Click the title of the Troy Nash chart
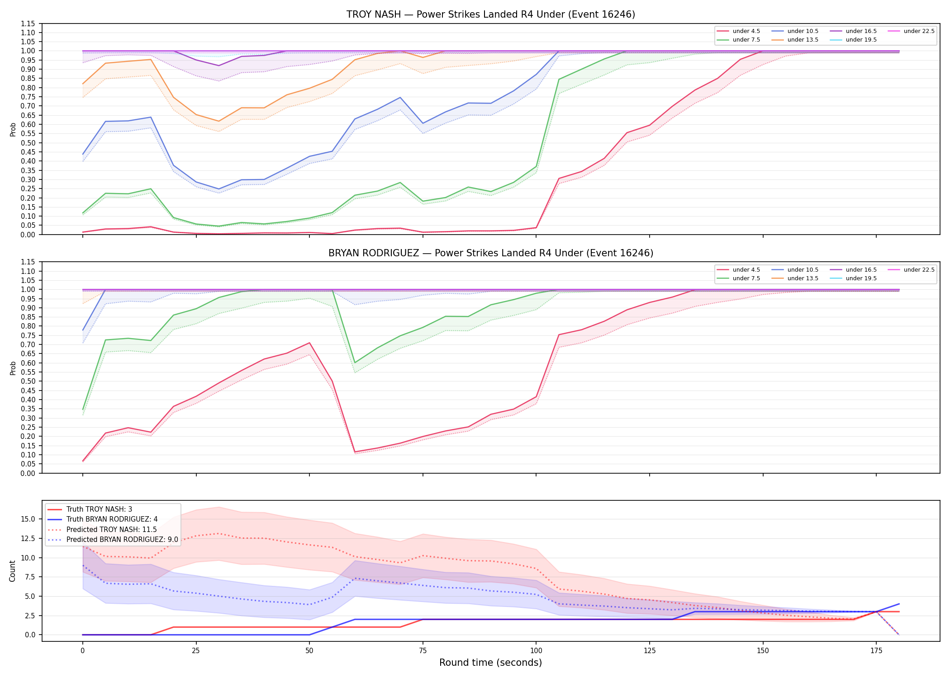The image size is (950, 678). [x=491, y=14]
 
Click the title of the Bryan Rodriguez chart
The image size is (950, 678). [x=491, y=253]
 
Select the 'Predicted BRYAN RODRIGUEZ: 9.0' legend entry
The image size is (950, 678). [x=113, y=540]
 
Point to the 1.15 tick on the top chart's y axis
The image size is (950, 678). [x=28, y=24]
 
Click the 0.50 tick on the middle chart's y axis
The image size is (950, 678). [x=28, y=381]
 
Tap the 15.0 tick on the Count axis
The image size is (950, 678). [x=28, y=519]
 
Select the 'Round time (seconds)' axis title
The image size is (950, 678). [x=491, y=663]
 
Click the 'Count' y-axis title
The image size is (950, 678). [x=12, y=571]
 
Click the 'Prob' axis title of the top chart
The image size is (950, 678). [x=13, y=129]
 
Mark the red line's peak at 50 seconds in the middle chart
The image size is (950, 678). [x=309, y=343]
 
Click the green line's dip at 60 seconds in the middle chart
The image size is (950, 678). [x=355, y=363]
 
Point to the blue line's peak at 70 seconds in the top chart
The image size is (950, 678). [x=400, y=97]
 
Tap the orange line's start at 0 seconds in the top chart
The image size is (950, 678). [x=83, y=84]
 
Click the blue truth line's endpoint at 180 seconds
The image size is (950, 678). [x=899, y=604]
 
